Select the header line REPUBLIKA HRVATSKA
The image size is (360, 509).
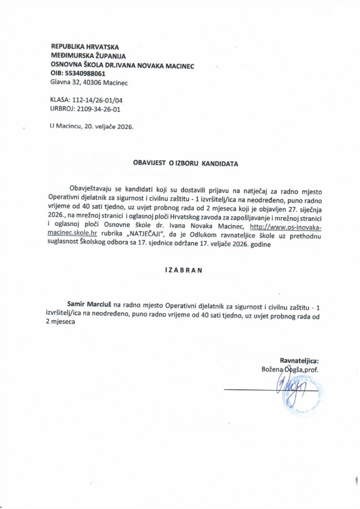(85, 47)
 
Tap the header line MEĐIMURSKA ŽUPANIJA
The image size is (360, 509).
(85, 56)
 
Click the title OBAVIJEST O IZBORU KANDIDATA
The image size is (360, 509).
(186, 164)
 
